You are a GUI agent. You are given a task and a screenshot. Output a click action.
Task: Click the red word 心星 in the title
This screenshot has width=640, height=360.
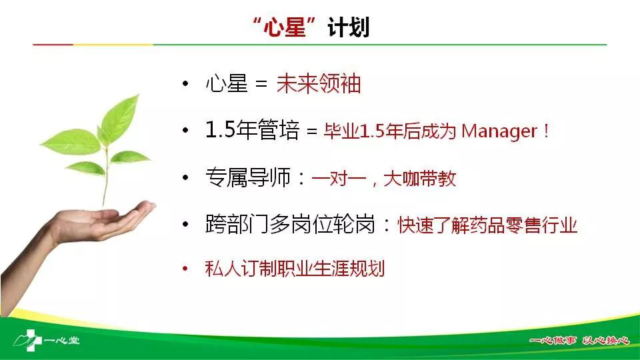pos(285,28)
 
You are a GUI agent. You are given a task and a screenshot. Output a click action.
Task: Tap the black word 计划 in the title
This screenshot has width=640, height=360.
pos(349,28)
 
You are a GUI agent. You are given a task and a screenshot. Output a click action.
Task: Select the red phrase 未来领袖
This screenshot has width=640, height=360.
pos(319,84)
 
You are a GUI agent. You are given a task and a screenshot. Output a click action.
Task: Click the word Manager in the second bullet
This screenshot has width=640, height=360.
pos(499,131)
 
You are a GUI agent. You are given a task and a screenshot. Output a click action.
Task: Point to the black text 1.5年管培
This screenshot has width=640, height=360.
pos(252,130)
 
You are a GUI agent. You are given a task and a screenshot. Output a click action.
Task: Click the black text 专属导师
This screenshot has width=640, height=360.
pos(248,177)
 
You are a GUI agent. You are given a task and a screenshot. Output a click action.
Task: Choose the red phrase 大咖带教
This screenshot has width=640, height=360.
pos(420,179)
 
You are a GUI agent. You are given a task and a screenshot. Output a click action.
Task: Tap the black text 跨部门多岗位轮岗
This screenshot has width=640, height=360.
pos(290,224)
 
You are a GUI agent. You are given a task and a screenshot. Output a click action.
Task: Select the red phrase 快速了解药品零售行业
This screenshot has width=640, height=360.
pos(488,225)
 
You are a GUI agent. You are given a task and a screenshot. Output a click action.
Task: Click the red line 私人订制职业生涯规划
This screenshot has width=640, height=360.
pos(295,269)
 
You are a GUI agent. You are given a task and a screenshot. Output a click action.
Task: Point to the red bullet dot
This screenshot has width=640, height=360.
pos(185,269)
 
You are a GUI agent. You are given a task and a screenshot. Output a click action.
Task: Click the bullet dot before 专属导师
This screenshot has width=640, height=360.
pos(186,177)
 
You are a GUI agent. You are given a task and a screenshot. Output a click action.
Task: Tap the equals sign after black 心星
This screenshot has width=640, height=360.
pos(261,85)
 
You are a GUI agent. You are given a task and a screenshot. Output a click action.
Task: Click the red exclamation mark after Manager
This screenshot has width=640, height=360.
pos(546,131)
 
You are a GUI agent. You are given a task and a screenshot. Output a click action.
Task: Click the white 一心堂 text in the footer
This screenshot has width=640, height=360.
pos(61,340)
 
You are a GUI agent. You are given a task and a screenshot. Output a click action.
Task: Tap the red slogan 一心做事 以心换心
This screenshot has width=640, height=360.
pos(579,340)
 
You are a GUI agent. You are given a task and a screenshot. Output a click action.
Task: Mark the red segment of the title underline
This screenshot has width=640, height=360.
pos(53,45)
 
